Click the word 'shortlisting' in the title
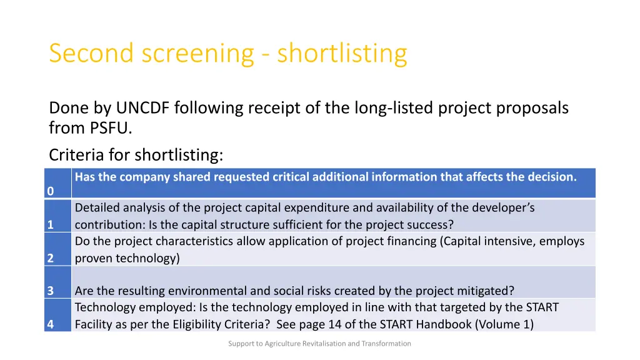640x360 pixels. tap(342, 54)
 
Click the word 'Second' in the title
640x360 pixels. tap(92, 54)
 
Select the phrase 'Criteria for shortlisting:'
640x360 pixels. tap(136, 154)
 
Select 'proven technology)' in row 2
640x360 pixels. tap(127, 257)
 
